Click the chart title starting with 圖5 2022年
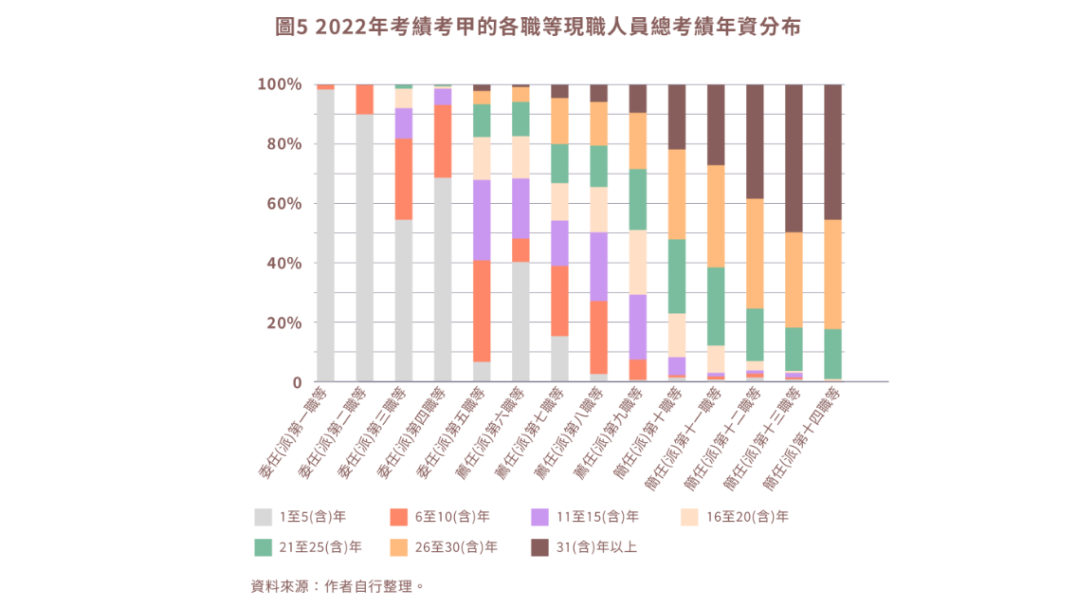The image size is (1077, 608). [x=538, y=28]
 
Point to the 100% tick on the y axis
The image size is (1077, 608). [x=280, y=84]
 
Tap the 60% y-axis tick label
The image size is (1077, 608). [x=283, y=203]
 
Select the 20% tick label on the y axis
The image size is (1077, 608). [x=283, y=322]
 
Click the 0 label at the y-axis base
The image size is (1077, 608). [x=297, y=382]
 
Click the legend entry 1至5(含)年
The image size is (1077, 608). [x=301, y=517]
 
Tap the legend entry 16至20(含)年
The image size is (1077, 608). [x=735, y=517]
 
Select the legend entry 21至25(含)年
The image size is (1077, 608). [x=308, y=547]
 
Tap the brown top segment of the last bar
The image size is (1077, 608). [x=833, y=152]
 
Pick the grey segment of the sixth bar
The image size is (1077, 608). [x=520, y=322]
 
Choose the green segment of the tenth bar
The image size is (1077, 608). [x=676, y=276]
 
